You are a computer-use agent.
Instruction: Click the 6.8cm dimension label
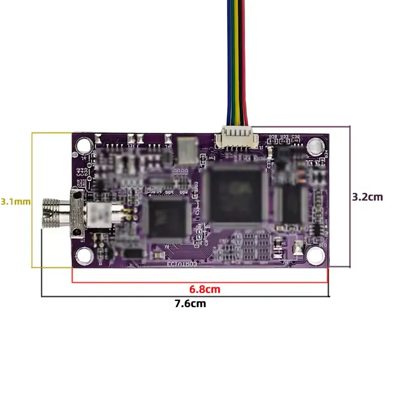click(x=205, y=289)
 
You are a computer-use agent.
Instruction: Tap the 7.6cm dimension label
click(x=190, y=304)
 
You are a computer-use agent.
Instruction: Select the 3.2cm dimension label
click(x=368, y=196)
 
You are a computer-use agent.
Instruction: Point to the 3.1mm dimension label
click(x=16, y=201)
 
